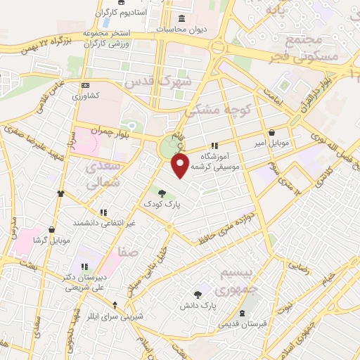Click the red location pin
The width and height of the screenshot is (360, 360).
[x=181, y=166]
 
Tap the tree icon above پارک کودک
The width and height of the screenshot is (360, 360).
[x=162, y=193]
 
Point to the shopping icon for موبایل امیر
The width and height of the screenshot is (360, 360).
[x=271, y=132]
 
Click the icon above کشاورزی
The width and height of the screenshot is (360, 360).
[x=86, y=85]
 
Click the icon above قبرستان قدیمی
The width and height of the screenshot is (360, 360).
[x=243, y=312]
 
